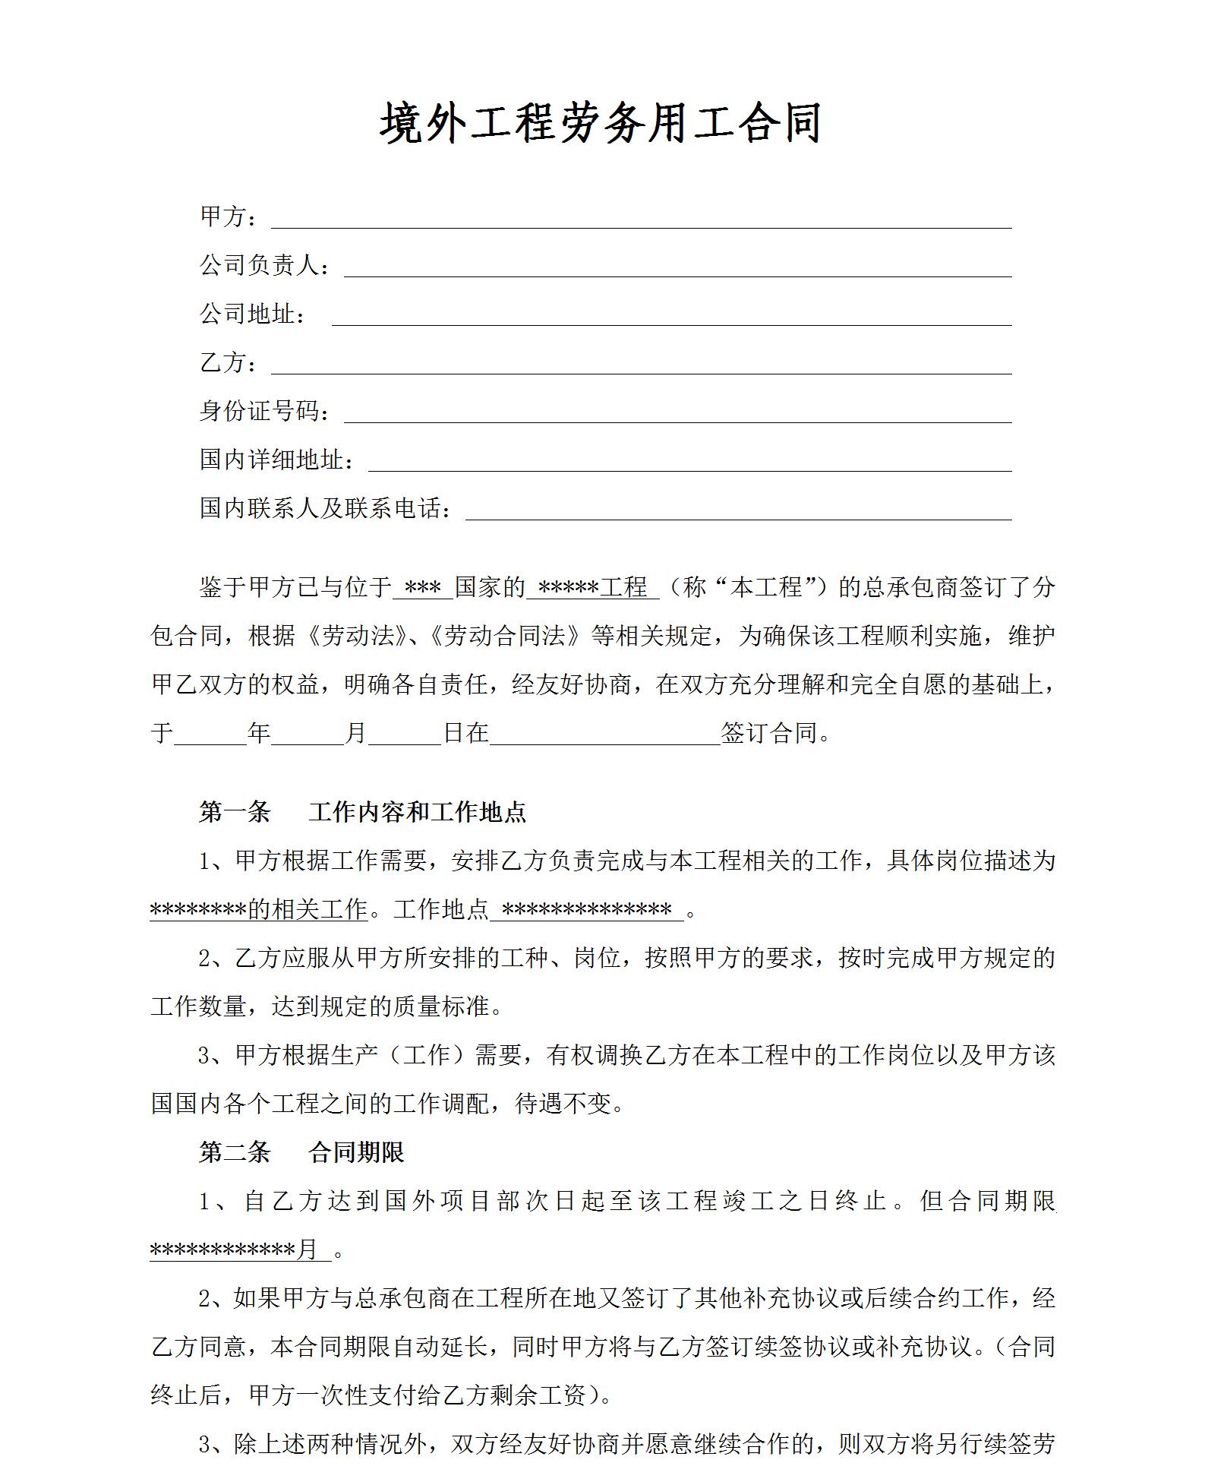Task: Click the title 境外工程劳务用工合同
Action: pyautogui.click(x=601, y=124)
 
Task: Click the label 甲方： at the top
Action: pyautogui.click(x=229, y=217)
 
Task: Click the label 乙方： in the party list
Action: pyautogui.click(x=229, y=363)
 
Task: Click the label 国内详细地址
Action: pyautogui.click(x=276, y=460)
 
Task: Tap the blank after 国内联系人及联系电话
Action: pyautogui.click(x=738, y=510)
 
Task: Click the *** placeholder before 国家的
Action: pyautogui.click(x=423, y=588)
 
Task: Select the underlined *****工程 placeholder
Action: pyautogui.click(x=592, y=588)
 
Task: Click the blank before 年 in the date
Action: pyautogui.click(x=210, y=734)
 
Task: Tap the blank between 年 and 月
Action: pyautogui.click(x=308, y=734)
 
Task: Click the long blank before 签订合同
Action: pyautogui.click(x=605, y=734)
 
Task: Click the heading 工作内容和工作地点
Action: pyautogui.click(x=417, y=813)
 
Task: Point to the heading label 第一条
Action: pyautogui.click(x=235, y=813)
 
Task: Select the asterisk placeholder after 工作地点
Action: pyautogui.click(x=587, y=910)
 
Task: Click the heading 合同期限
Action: pyautogui.click(x=356, y=1153)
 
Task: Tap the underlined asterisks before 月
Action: pyautogui.click(x=223, y=1250)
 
